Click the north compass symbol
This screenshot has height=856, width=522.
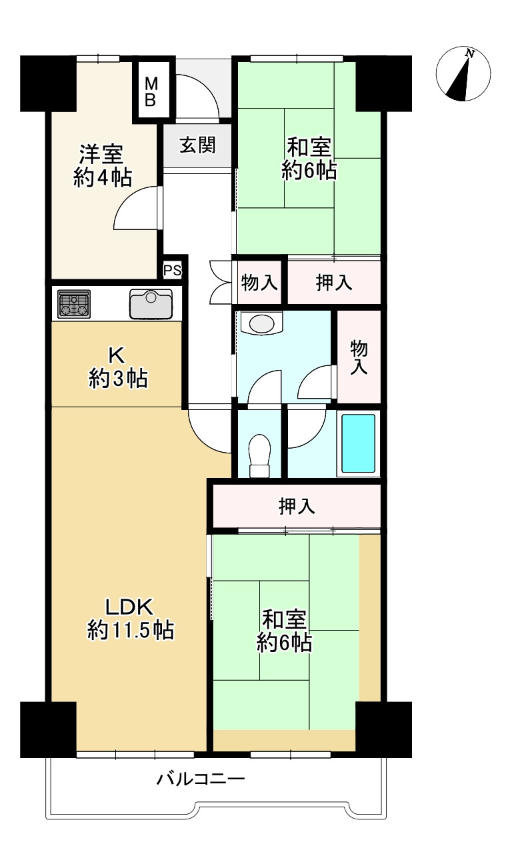point(463,74)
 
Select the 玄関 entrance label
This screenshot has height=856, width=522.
point(197,145)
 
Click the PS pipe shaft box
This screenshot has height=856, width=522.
point(173,271)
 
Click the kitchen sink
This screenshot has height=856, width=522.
point(151,305)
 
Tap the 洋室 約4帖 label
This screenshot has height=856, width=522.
point(101,166)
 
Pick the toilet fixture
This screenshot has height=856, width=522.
point(259,455)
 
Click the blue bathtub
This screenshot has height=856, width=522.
point(358,443)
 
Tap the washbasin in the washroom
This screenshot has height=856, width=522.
point(261,324)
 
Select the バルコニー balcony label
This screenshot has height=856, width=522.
point(201,779)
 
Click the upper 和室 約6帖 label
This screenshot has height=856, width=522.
point(309,159)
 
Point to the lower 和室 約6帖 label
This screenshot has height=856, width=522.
point(285,631)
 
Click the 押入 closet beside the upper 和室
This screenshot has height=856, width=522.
point(333,283)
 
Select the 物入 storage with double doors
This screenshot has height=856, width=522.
point(259,283)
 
